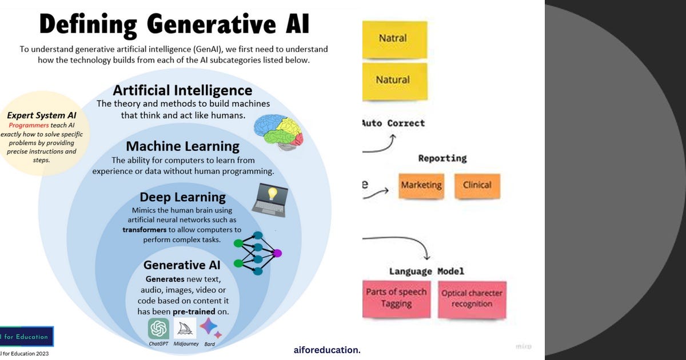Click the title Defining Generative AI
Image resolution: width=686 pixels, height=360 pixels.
[x=174, y=25]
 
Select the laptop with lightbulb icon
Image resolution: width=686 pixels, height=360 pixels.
[x=269, y=200]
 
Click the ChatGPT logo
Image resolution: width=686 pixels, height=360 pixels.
[x=158, y=329]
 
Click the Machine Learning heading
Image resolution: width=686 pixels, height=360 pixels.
[x=182, y=146]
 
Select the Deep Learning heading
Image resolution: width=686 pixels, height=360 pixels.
[x=182, y=197]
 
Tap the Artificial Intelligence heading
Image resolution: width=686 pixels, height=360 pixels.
[x=182, y=90]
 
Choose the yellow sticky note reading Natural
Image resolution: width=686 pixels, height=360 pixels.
[x=394, y=81]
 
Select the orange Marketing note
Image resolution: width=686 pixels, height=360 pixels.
[x=421, y=186]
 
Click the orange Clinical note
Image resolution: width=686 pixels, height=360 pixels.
[x=477, y=186]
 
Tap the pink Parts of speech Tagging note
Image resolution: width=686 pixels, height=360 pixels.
[x=396, y=298]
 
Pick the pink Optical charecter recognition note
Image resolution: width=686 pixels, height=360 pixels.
[x=472, y=299]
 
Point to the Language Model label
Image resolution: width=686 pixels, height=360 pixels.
[x=426, y=271]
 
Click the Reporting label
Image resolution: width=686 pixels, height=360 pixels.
[x=442, y=158]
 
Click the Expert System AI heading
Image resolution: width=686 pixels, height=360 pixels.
[x=42, y=115]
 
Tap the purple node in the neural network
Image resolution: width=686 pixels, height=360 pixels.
[x=277, y=253]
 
